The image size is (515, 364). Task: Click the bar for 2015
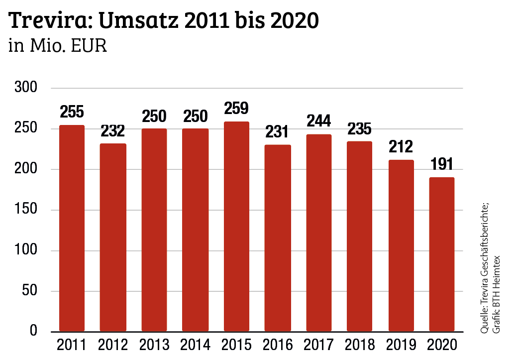(x=236, y=227)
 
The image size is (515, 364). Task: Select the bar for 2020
(x=442, y=254)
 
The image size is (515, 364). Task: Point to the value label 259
(x=236, y=109)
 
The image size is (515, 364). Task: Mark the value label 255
(x=72, y=112)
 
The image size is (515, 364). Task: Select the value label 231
(x=278, y=131)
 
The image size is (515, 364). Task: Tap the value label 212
(x=401, y=147)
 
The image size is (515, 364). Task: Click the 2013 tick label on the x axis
(x=154, y=345)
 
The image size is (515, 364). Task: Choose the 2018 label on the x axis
(x=360, y=345)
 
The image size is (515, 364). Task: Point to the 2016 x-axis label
(x=278, y=345)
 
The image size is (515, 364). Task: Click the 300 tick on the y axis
(x=27, y=88)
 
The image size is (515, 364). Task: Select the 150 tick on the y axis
(x=27, y=210)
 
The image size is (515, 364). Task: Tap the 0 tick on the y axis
(x=34, y=331)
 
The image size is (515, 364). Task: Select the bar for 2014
(x=195, y=230)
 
